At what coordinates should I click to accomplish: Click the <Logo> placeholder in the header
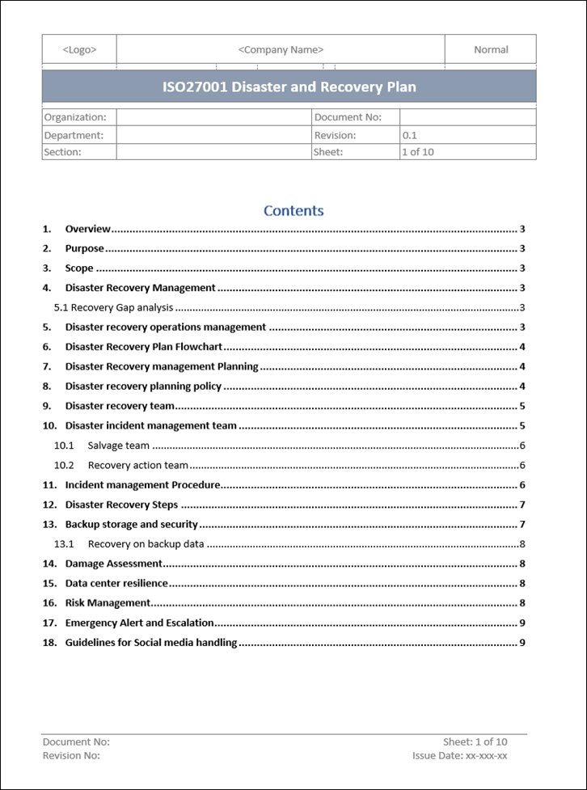tap(79, 49)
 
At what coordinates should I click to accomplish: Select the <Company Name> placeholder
tap(281, 49)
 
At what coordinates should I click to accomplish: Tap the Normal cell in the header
tap(491, 49)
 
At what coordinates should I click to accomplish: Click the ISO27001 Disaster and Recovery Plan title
tap(289, 87)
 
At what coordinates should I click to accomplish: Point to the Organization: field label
tap(74, 117)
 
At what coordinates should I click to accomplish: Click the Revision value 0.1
tap(410, 136)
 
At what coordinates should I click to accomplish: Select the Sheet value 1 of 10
tap(418, 152)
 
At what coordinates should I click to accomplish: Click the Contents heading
tap(293, 211)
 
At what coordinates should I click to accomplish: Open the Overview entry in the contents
tap(87, 230)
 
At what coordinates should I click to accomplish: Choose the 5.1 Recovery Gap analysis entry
tap(113, 308)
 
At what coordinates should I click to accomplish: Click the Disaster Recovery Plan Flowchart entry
tap(144, 347)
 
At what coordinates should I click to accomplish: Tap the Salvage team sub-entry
tap(118, 446)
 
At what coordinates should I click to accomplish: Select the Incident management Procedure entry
tap(142, 485)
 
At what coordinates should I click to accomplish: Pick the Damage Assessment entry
tap(114, 564)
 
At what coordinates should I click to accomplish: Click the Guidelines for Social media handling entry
tap(151, 643)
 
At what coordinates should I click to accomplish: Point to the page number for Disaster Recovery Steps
tap(523, 505)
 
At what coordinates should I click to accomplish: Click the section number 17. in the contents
tap(49, 623)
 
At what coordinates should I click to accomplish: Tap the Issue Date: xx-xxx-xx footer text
tap(459, 756)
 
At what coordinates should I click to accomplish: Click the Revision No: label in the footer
tap(71, 756)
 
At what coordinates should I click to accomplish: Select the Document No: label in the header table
tap(347, 117)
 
